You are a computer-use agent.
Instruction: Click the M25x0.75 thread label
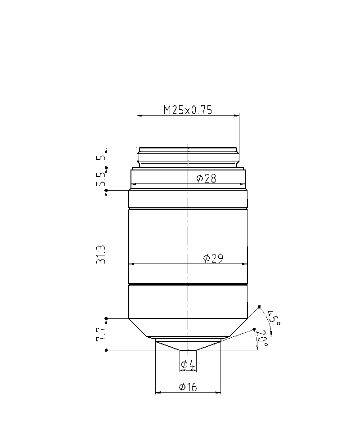coord(188,110)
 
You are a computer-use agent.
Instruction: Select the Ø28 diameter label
coord(206,178)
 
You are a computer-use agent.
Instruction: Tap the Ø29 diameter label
coord(213,259)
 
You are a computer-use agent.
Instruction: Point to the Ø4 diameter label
coord(188,364)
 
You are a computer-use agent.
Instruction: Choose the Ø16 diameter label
coord(188,387)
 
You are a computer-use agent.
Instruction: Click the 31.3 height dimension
coord(101,254)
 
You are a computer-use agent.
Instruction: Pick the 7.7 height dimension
coord(101,334)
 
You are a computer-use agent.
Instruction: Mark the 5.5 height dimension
coord(101,179)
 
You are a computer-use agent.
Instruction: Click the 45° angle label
coord(273,318)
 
